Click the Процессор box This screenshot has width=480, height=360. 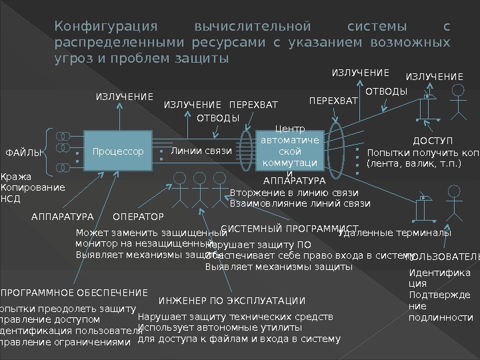pyautogui.click(x=119, y=152)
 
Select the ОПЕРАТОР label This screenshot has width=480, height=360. pyautogui.click(x=138, y=217)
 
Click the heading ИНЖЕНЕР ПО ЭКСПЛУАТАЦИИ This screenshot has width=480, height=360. pyautogui.click(x=231, y=301)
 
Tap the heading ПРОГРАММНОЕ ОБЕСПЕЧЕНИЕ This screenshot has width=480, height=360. pyautogui.click(x=73, y=293)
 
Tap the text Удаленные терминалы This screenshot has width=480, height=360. pyautogui.click(x=395, y=233)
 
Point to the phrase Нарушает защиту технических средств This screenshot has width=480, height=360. pyautogui.click(x=235, y=316)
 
